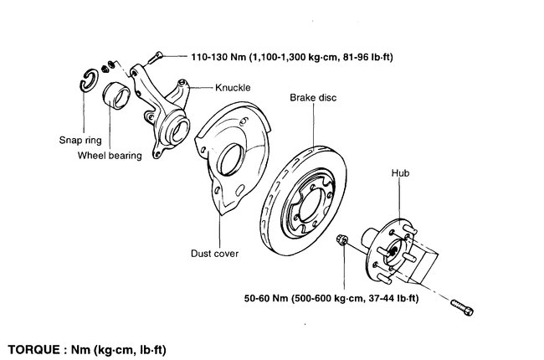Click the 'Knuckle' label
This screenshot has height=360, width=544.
[x=233, y=86]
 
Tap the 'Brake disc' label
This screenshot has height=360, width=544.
[x=313, y=98]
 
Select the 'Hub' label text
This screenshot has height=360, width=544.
[x=399, y=174]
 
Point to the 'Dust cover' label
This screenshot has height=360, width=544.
[x=215, y=252]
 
